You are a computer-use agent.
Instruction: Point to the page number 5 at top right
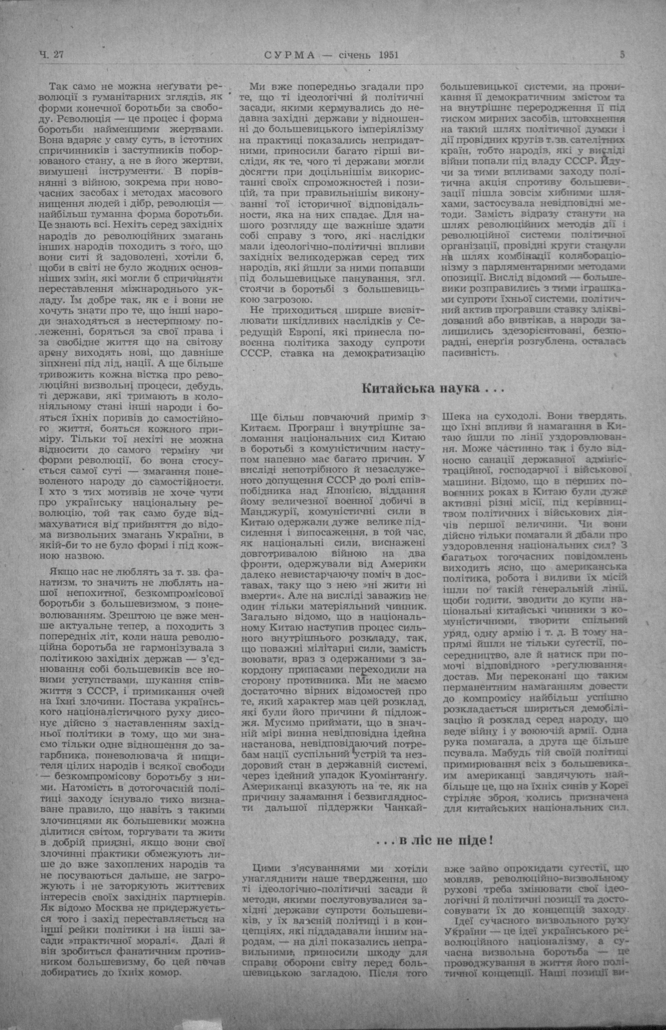622,55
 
